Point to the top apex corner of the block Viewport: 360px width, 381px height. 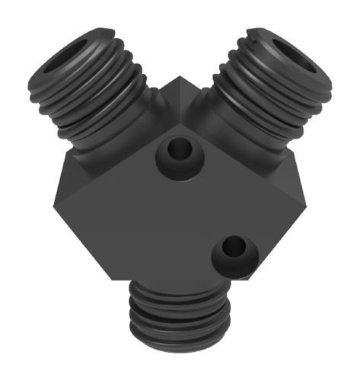(x=180, y=78)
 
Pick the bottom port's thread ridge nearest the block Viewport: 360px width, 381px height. (x=180, y=293)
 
